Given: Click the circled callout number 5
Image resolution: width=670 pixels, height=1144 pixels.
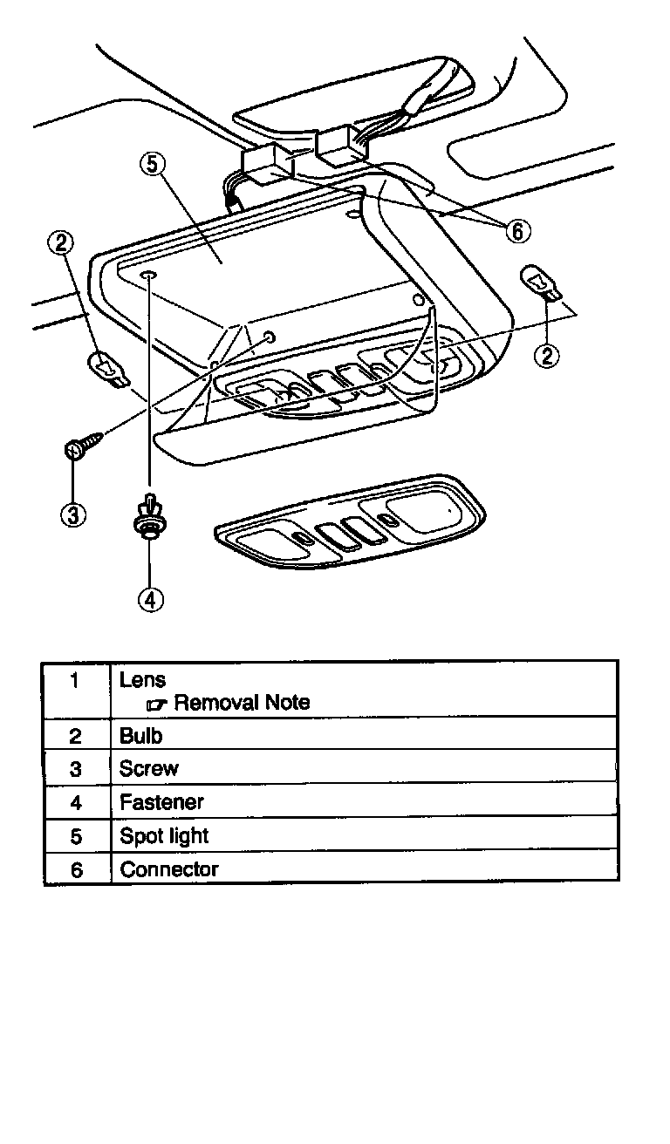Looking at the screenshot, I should (151, 165).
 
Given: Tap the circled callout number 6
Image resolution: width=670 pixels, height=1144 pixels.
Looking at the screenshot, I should (517, 230).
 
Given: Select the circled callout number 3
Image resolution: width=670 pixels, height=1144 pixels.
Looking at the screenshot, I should (72, 514).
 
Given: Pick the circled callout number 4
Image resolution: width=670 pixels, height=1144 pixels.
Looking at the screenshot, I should (150, 599).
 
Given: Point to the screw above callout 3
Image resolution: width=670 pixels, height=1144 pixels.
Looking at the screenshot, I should (80, 445).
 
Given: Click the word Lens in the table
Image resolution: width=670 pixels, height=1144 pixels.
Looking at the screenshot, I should (142, 679).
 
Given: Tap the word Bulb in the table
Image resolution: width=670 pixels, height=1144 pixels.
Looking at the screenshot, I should (141, 736).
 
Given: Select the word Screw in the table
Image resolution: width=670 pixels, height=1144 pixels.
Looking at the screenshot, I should (149, 769).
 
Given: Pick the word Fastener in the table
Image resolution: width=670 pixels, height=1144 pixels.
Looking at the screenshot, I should (161, 802).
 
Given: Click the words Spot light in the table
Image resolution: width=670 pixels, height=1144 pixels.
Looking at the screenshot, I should (164, 835).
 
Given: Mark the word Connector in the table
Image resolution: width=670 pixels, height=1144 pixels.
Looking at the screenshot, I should (169, 869).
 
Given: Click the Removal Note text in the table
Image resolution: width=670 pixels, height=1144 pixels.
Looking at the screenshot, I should (242, 703).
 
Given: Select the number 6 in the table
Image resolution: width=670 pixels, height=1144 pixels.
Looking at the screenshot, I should (77, 870).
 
